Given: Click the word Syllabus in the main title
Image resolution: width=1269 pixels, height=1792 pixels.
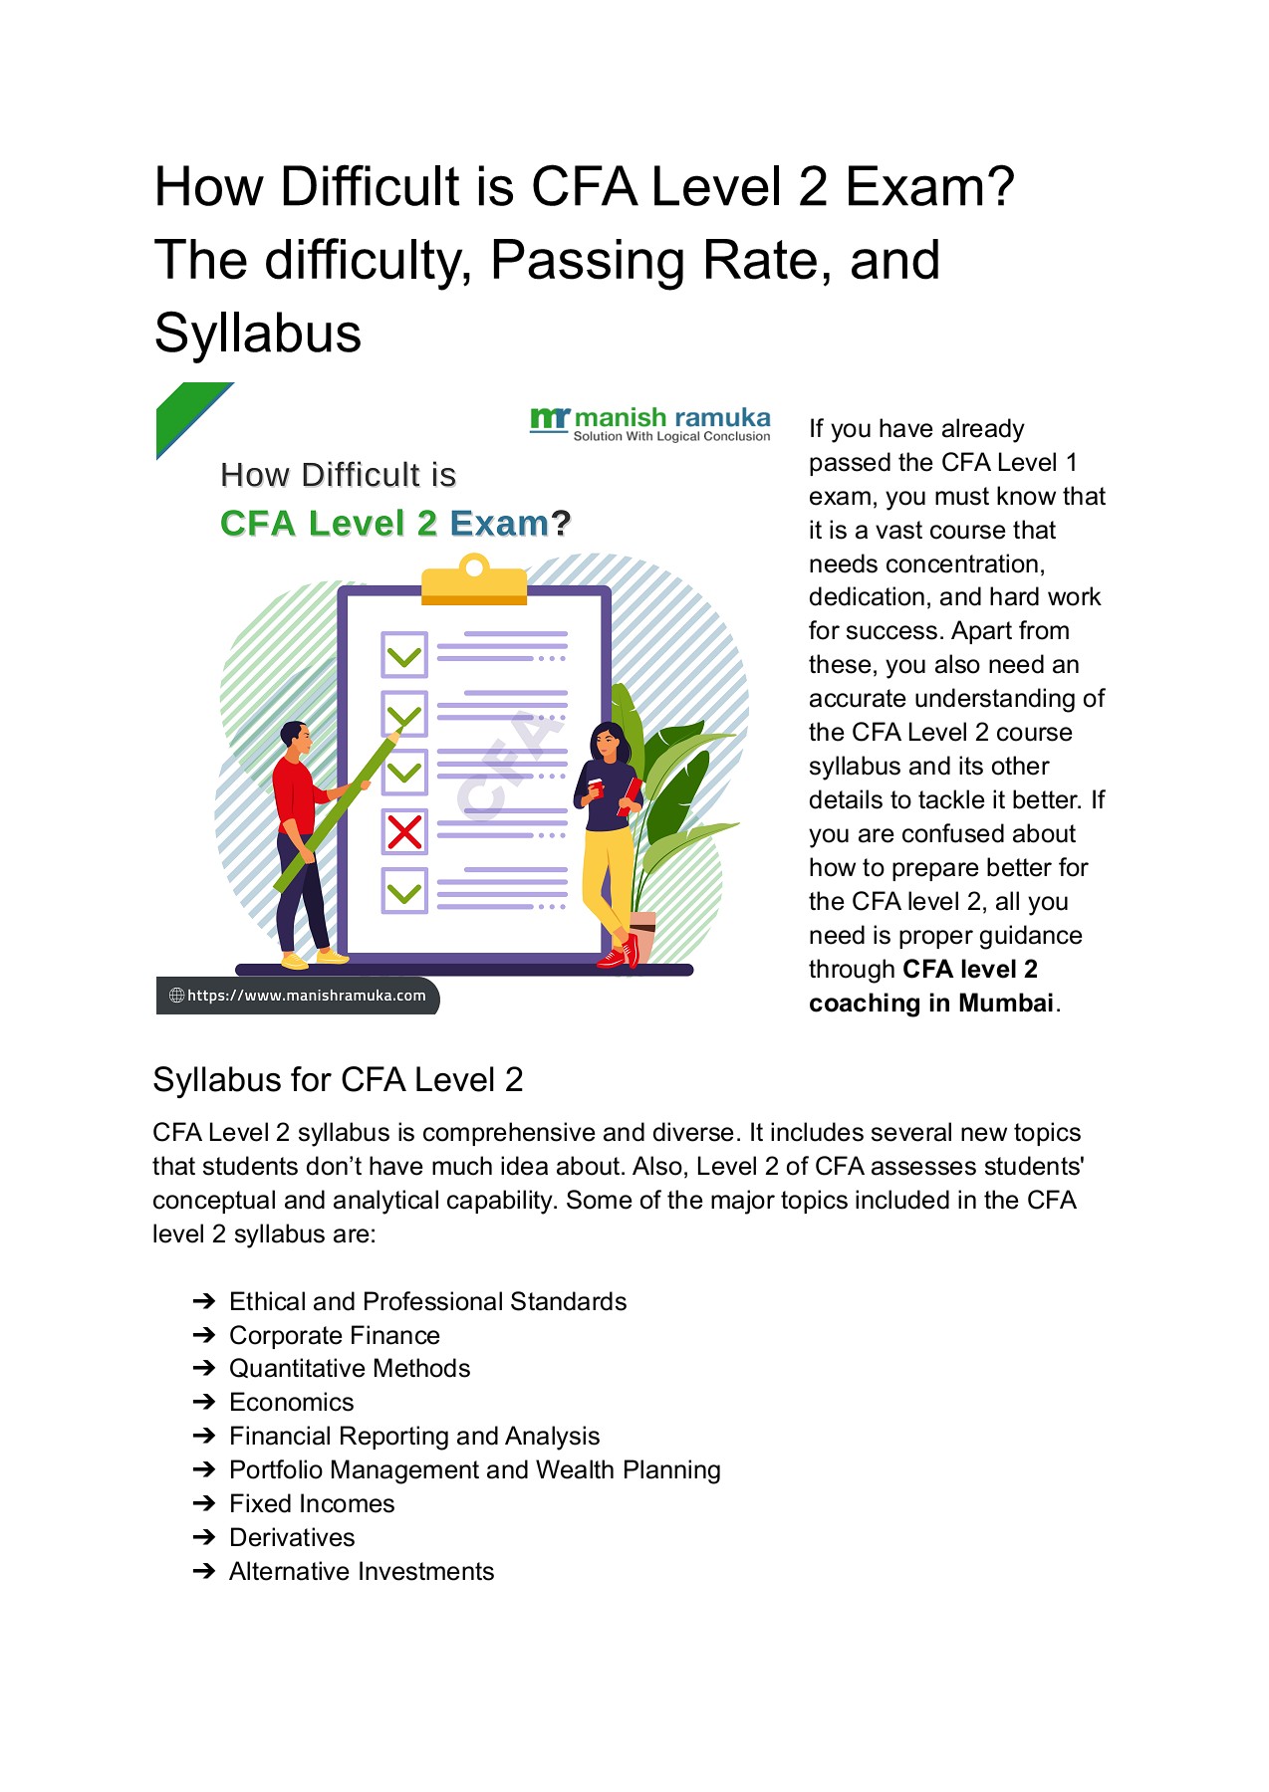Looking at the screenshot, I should (257, 334).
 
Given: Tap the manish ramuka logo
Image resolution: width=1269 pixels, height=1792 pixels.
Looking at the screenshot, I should (650, 423).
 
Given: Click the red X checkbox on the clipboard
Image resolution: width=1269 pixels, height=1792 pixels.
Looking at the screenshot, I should (404, 831).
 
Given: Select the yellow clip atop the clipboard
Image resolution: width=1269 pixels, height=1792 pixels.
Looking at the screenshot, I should (474, 583).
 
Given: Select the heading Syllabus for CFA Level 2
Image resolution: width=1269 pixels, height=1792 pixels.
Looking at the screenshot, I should (338, 1080).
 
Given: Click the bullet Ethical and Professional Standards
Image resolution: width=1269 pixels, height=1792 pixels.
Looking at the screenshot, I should (427, 1302).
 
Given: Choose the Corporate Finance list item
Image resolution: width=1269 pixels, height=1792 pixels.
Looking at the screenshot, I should (334, 1336).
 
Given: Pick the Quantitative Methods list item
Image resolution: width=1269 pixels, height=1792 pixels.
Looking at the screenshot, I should (349, 1369).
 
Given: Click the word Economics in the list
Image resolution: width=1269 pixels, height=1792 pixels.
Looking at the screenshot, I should (291, 1403).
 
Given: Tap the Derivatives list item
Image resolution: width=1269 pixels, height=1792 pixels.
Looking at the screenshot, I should (292, 1538).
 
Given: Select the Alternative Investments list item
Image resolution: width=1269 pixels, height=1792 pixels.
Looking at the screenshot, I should (362, 1572).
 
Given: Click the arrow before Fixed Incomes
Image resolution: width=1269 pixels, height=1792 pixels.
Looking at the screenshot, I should (204, 1504).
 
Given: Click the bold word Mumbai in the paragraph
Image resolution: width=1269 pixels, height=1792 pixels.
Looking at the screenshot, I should (1005, 1004).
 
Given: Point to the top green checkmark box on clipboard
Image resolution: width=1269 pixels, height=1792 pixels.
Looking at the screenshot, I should (404, 655).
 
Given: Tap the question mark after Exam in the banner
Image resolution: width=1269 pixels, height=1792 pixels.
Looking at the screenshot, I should (561, 524).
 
